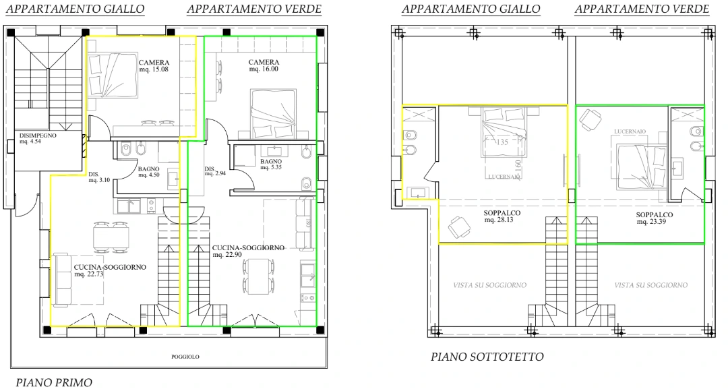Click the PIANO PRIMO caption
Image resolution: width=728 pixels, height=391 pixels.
click(x=54, y=382)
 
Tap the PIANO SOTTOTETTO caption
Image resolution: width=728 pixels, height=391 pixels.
click(x=487, y=357)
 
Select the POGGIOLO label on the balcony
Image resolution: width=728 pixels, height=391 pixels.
click(x=185, y=357)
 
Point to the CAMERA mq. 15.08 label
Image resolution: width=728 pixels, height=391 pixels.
click(x=154, y=66)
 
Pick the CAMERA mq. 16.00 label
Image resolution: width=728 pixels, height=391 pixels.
click(x=264, y=66)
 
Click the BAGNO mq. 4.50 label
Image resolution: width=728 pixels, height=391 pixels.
click(x=148, y=172)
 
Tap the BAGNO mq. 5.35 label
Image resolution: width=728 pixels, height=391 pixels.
click(x=271, y=165)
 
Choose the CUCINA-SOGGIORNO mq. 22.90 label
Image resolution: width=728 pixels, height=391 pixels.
click(x=248, y=251)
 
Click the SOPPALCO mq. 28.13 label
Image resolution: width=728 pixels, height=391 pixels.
click(x=502, y=217)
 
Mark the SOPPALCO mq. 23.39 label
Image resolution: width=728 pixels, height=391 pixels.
click(x=655, y=218)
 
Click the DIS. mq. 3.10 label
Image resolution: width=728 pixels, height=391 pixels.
click(x=99, y=177)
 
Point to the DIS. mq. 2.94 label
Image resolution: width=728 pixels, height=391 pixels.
click(x=214, y=171)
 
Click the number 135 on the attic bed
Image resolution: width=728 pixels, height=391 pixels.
click(x=502, y=142)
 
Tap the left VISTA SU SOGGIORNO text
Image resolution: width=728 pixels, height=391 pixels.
click(x=489, y=285)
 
